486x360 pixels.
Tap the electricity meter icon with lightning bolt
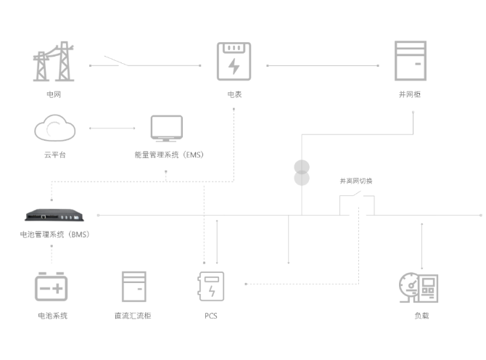click(x=234, y=61)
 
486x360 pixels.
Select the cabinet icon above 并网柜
click(x=410, y=60)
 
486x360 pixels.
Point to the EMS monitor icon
click(x=167, y=128)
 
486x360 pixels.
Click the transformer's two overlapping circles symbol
click(x=301, y=173)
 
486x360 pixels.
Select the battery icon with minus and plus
click(x=52, y=286)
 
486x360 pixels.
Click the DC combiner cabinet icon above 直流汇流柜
click(x=133, y=286)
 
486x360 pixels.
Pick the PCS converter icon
click(x=211, y=286)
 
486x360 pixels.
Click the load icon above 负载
click(x=419, y=288)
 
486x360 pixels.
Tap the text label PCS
click(x=211, y=316)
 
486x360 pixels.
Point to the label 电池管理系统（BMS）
click(x=55, y=234)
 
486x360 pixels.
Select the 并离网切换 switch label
click(x=355, y=181)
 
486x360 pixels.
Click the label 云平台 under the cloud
click(x=54, y=155)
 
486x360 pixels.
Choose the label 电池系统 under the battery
click(x=52, y=316)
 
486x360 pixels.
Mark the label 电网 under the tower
click(x=54, y=94)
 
